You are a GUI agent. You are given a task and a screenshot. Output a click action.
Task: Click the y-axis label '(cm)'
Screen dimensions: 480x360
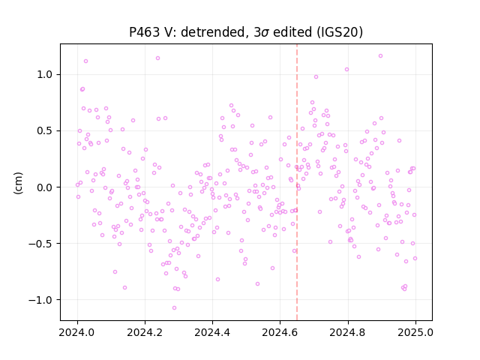pos(18,183)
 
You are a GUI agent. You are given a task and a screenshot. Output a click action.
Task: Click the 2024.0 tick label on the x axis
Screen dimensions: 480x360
pos(77,332)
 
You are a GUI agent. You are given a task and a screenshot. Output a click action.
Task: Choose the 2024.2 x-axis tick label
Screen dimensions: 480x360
pos(145,332)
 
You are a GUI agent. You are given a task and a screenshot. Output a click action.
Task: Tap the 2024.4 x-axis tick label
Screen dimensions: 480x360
pos(212,332)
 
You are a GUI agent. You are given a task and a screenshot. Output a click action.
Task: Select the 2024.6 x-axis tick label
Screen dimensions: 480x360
pos(280,332)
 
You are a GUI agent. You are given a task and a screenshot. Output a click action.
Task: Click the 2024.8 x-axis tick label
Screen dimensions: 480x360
pos(347,332)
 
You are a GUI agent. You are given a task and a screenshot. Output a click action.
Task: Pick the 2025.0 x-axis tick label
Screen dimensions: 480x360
pos(415,332)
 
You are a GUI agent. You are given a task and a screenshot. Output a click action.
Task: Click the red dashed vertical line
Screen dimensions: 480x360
pos(297,182)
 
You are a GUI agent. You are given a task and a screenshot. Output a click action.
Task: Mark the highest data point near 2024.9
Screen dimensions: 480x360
pos(380,55)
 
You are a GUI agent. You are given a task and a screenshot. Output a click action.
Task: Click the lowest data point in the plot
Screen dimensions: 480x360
pos(174,307)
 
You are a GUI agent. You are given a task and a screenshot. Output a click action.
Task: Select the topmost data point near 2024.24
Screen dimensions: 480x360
pos(157,58)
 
